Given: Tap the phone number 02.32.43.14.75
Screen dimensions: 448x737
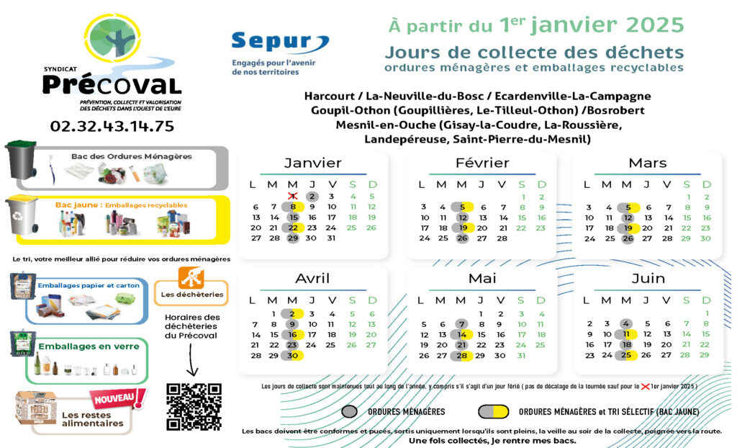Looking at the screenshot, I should click(112, 126).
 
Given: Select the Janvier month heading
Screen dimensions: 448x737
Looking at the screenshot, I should click(312, 163).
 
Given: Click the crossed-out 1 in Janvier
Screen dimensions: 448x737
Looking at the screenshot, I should click(292, 196).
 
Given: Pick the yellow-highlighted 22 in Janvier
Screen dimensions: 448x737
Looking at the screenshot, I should click(293, 228).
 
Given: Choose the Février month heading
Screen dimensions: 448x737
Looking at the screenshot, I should click(481, 163).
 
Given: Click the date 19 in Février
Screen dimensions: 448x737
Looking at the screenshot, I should click(463, 228).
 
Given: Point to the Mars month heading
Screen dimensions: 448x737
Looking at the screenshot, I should click(647, 163).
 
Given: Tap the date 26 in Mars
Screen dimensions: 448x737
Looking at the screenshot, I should click(628, 238).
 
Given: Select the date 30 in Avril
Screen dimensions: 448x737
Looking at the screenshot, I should click(292, 355).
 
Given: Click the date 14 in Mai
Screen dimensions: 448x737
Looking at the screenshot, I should click(462, 334).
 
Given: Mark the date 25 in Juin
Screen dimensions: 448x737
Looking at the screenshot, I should click(627, 355).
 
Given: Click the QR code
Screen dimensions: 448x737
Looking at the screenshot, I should click(194, 406).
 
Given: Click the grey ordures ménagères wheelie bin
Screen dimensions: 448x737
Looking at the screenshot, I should click(21, 160).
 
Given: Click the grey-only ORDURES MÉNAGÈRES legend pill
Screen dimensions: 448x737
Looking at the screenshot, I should click(351, 411).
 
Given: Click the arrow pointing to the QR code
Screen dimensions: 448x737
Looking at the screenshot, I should click(192, 360).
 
